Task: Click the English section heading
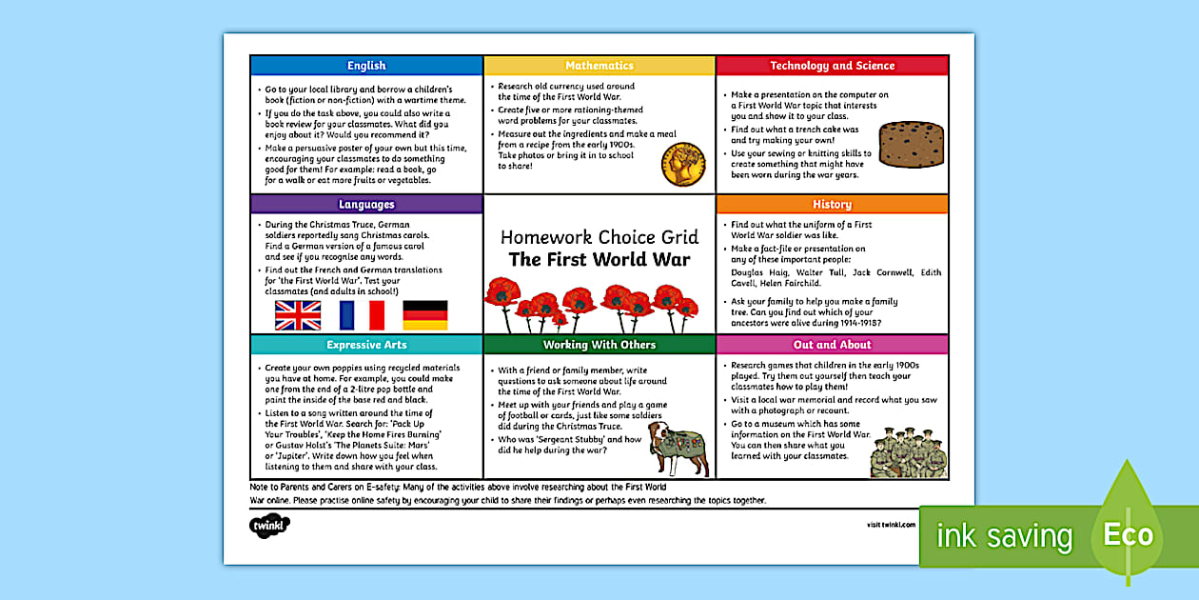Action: click(366, 66)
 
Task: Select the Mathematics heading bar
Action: click(599, 66)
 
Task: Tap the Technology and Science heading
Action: click(832, 66)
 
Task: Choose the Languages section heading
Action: click(366, 204)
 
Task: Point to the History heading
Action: click(832, 204)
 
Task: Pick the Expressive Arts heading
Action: click(366, 345)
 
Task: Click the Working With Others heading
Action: click(599, 345)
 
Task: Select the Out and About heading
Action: click(832, 345)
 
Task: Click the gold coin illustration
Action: click(683, 164)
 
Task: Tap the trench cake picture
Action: click(910, 144)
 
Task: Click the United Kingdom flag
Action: click(297, 315)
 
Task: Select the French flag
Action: click(362, 315)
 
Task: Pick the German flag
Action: click(425, 315)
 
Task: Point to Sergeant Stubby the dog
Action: click(677, 448)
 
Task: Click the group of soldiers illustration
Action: click(908, 453)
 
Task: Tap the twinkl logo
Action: click(269, 525)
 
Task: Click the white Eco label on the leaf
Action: click(1128, 535)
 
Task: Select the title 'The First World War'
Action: click(599, 259)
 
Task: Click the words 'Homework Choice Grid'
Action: click(599, 236)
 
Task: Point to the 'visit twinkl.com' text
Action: click(891, 525)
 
